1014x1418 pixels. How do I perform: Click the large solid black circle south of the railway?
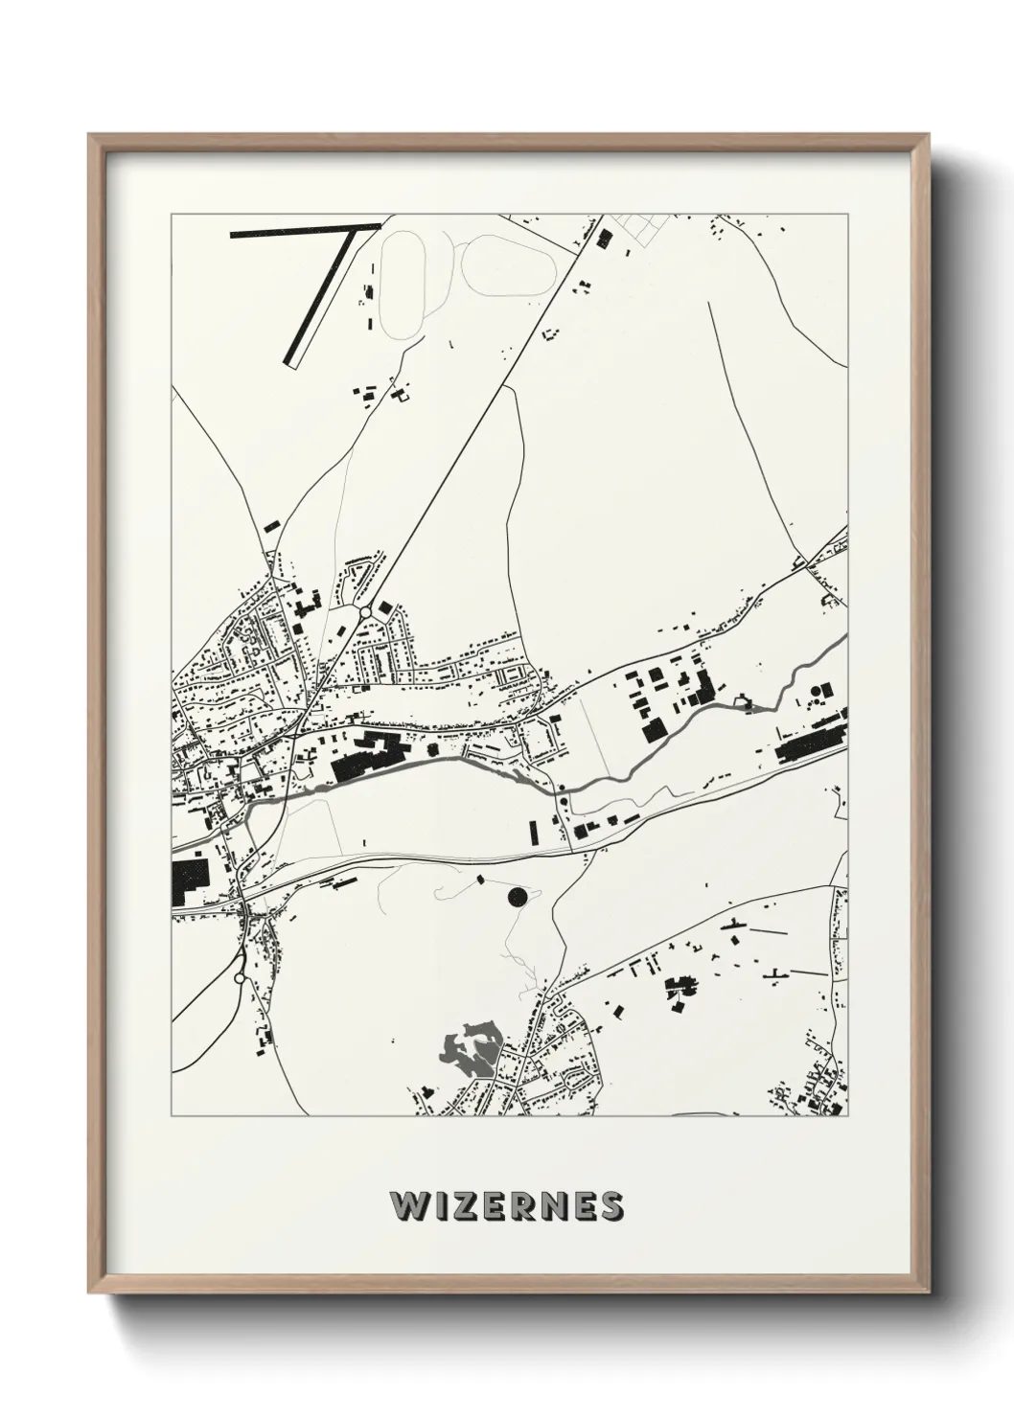(x=517, y=897)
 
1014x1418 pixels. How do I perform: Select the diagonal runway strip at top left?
(x=322, y=297)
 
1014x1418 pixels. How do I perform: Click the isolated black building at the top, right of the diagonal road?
(x=604, y=239)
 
